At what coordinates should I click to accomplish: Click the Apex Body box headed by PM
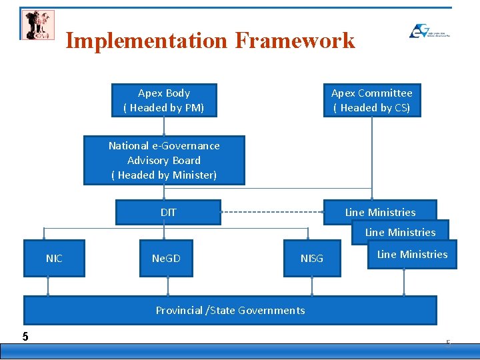tap(164, 100)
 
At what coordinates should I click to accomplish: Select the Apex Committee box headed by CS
tap(372, 100)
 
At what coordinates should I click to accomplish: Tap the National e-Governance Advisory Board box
tap(164, 160)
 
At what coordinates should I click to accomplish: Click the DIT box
tap(168, 212)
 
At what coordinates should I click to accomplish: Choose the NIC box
tap(54, 258)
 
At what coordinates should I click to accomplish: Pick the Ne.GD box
tap(166, 258)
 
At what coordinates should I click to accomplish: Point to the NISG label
tap(311, 259)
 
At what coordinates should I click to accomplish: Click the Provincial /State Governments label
tap(230, 310)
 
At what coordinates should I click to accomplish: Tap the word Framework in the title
tap(295, 41)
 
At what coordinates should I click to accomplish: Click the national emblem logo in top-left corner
tap(38, 25)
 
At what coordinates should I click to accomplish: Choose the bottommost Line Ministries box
tap(412, 254)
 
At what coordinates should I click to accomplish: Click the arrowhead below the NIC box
tap(48, 293)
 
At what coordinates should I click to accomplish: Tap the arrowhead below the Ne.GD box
tap(167, 293)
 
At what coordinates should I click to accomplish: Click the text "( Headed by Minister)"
tap(164, 175)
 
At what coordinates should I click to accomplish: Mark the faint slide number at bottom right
tap(448, 343)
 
